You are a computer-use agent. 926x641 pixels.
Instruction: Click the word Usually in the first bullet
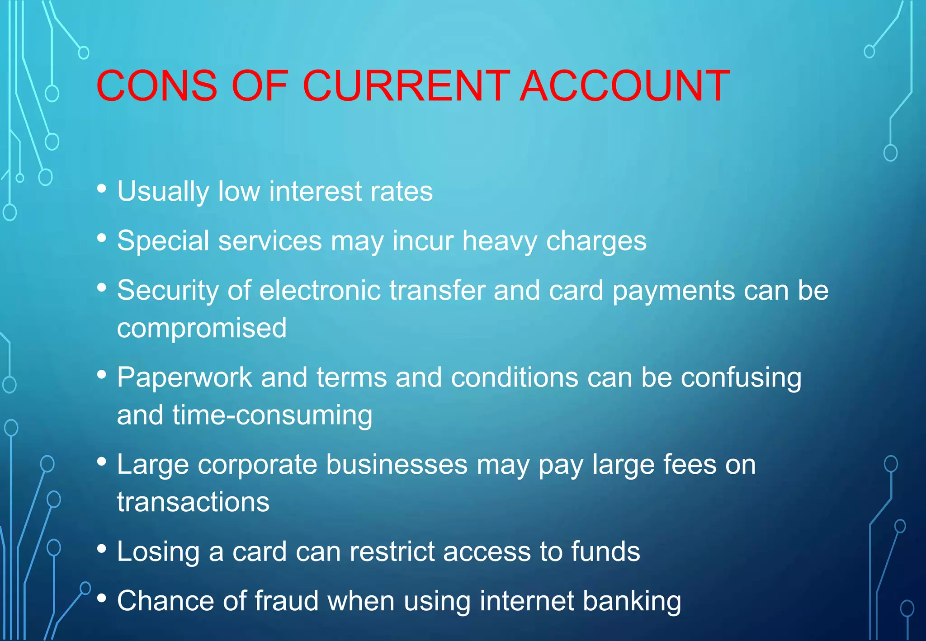point(163,192)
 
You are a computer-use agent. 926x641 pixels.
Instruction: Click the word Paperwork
point(184,377)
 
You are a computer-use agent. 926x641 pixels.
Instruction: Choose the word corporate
point(257,465)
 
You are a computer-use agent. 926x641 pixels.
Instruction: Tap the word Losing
point(158,552)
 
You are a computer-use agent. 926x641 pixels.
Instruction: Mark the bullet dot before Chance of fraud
point(102,598)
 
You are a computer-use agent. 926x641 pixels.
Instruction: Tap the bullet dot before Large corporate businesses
point(102,462)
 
